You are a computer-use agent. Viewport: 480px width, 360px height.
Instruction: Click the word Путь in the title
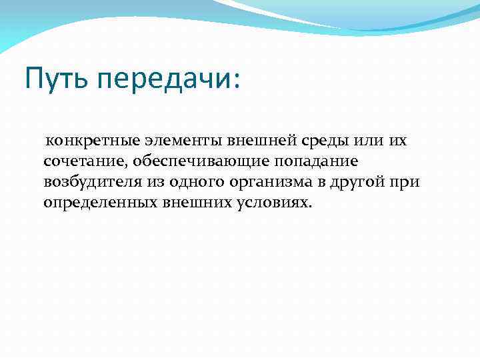pos(57,79)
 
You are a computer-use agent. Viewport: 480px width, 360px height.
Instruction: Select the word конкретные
pos(87,141)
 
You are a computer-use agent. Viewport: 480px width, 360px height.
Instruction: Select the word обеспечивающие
pos(193,161)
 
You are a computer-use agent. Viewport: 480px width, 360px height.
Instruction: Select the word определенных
pos(99,202)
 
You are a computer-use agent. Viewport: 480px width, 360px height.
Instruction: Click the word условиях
pos(273,202)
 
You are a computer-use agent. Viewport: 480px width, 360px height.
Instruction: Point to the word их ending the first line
pos(397,141)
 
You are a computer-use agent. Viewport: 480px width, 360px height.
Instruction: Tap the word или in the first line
pos(367,141)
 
